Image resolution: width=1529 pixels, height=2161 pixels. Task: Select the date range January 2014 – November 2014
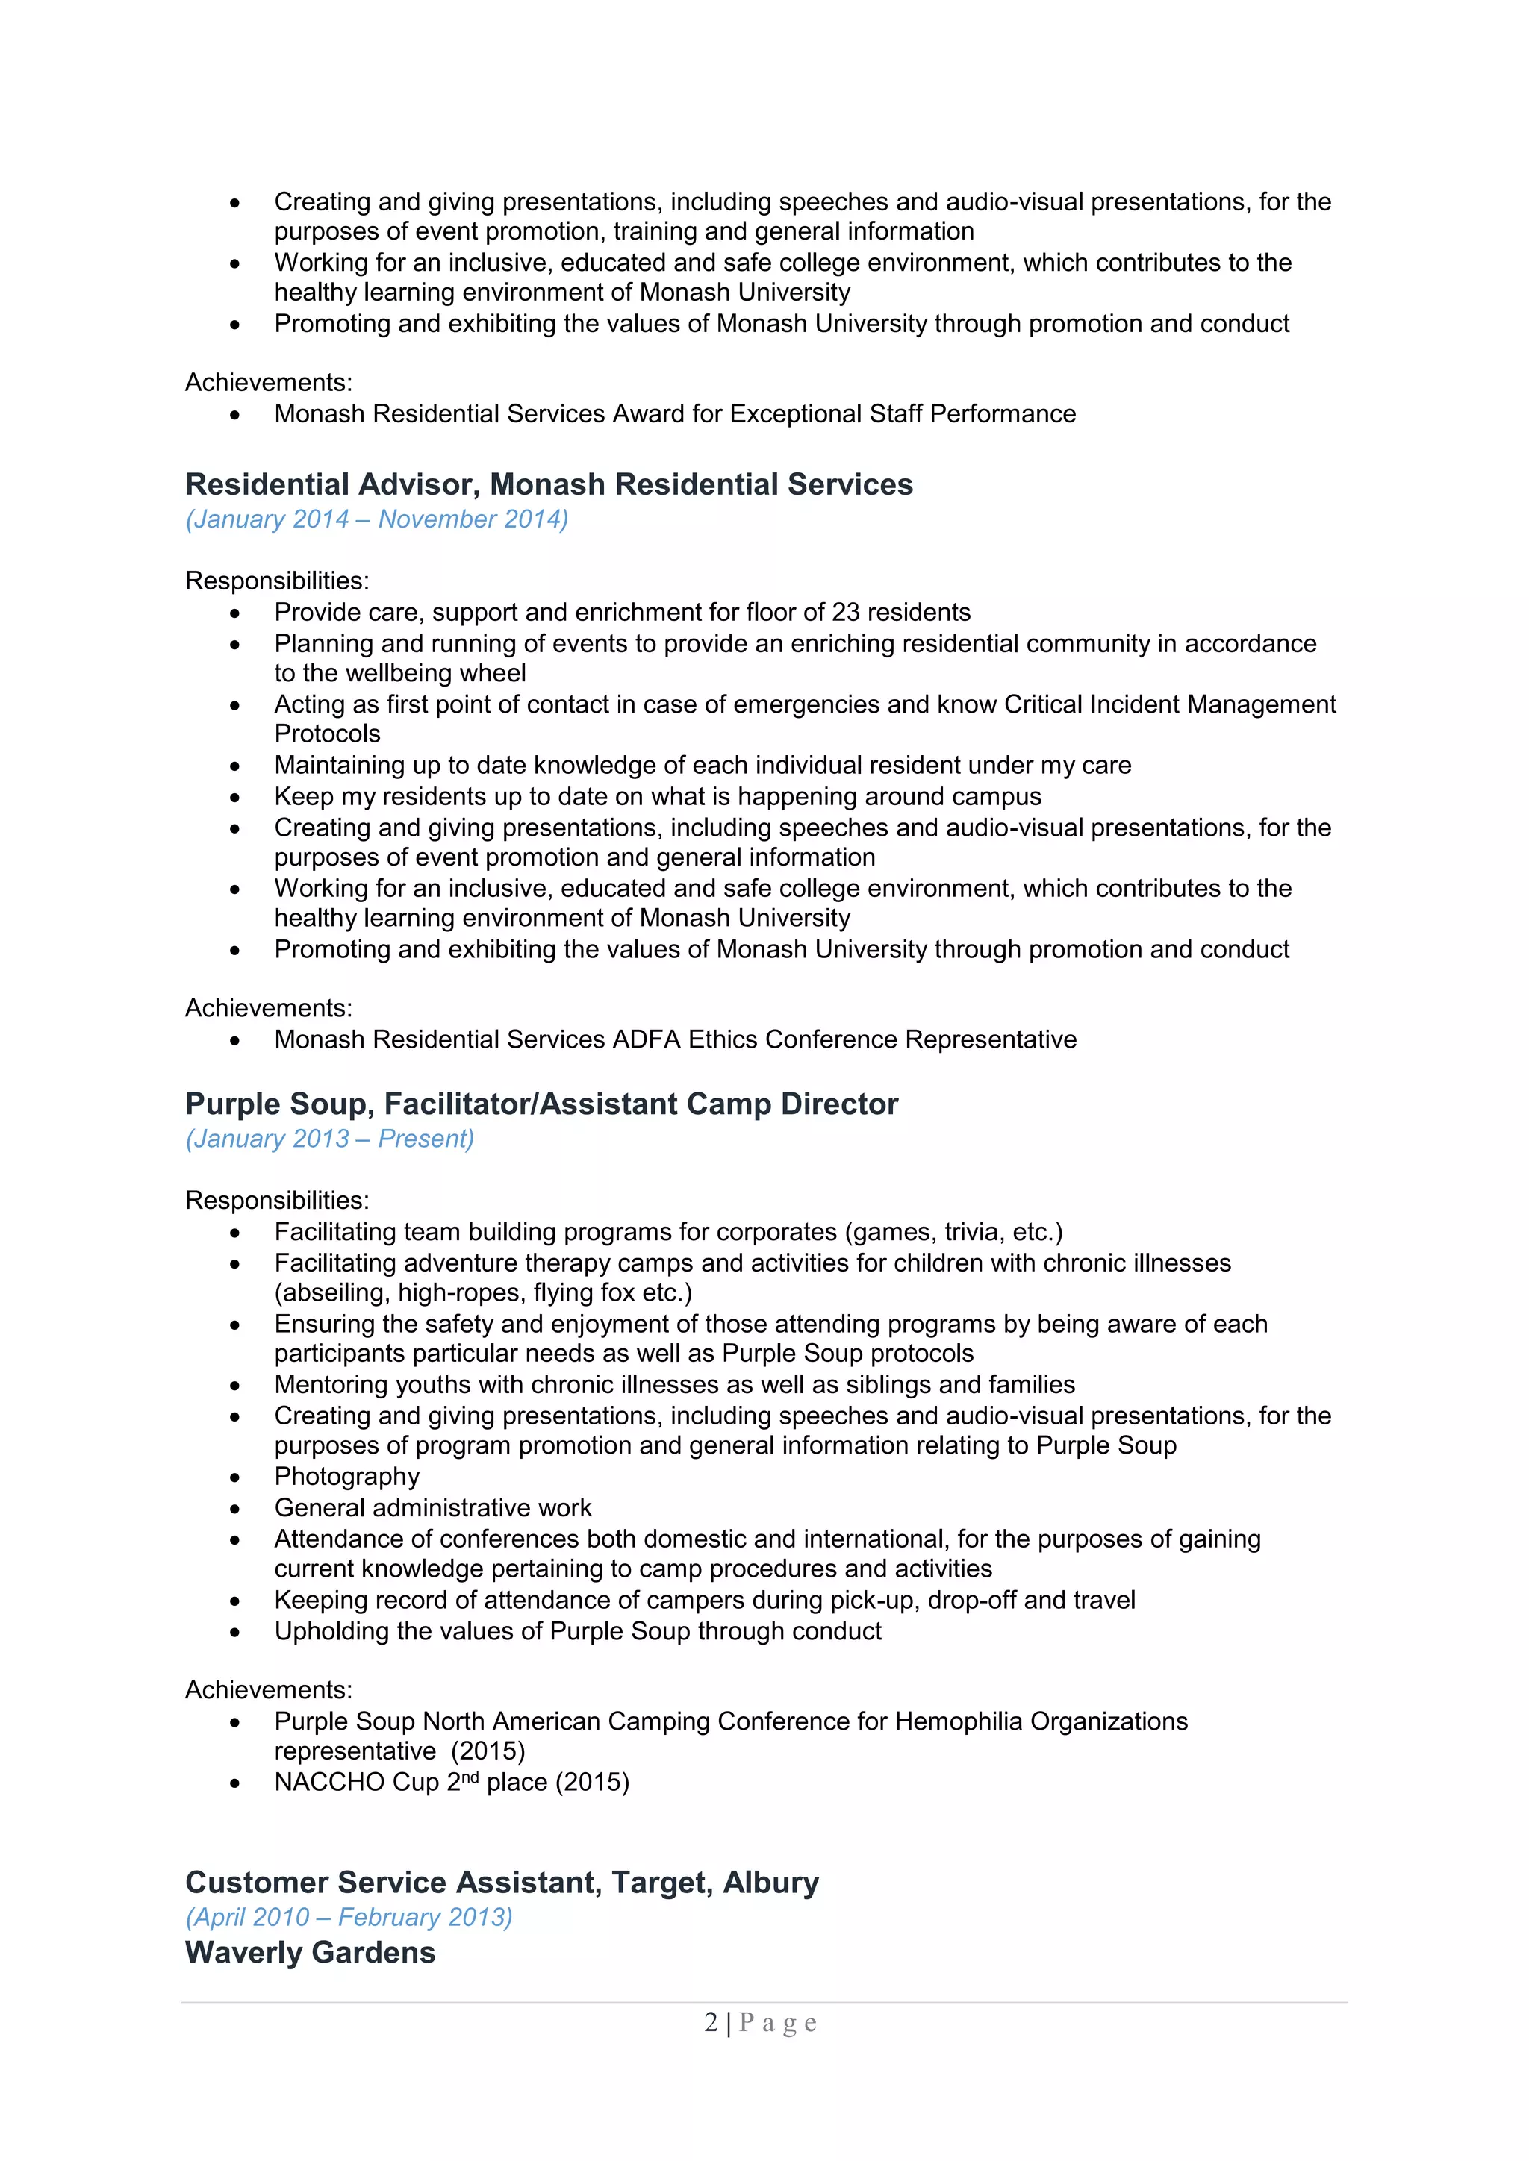coord(376,519)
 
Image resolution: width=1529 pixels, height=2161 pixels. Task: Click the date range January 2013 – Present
coord(329,1139)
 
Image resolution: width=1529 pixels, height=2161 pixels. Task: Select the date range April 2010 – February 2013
coord(349,1917)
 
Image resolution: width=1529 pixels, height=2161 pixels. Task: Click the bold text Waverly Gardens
coord(310,1953)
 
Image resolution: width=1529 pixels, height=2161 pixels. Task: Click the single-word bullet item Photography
coord(346,1477)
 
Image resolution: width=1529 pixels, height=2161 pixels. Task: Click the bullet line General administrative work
coord(433,1508)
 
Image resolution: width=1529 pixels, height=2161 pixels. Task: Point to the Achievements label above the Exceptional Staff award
coord(268,383)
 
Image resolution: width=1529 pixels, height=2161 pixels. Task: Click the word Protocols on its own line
coord(327,734)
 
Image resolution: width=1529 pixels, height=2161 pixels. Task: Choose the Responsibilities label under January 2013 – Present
coord(277,1201)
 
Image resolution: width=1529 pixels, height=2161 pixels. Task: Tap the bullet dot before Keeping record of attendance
coord(234,1601)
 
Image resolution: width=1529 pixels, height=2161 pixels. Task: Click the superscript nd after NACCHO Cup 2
coord(470,1777)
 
